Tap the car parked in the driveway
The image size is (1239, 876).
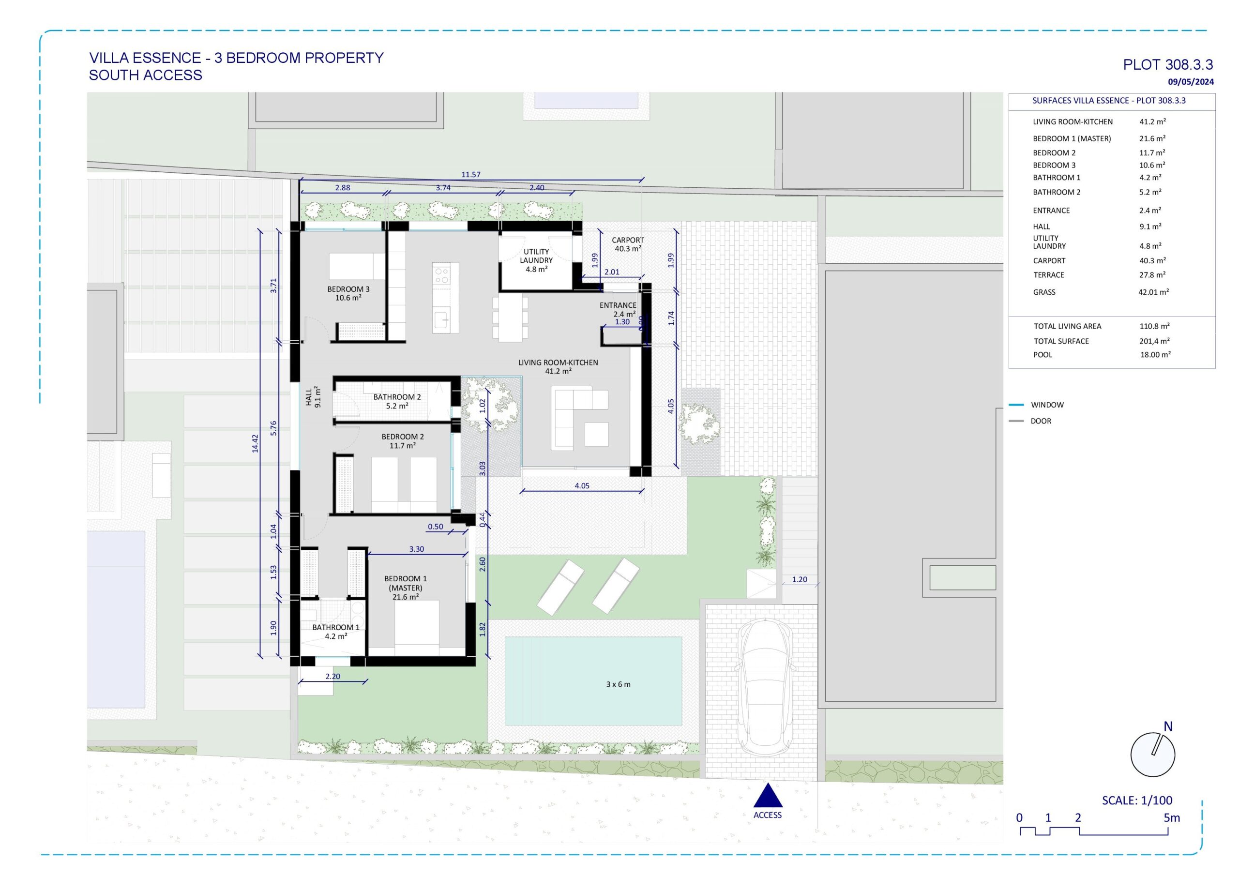point(765,687)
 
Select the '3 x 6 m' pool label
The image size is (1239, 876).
point(618,684)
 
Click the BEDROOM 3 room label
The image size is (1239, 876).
point(348,293)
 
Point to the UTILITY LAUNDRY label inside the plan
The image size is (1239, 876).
point(536,260)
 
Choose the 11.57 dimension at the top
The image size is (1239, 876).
point(470,174)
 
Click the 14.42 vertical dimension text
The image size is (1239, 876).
point(255,443)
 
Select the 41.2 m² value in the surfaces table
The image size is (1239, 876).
point(1152,122)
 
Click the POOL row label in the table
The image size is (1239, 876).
point(1043,355)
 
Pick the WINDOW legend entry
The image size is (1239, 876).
point(1047,405)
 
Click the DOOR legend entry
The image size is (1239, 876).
point(1041,421)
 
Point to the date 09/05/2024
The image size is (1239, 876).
point(1191,82)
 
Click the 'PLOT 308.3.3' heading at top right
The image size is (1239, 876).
point(1168,65)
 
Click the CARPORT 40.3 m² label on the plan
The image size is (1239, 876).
point(628,244)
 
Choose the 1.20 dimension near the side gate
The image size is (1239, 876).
point(799,579)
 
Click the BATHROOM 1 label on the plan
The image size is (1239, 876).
point(336,632)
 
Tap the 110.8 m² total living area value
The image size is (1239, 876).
point(1154,326)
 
